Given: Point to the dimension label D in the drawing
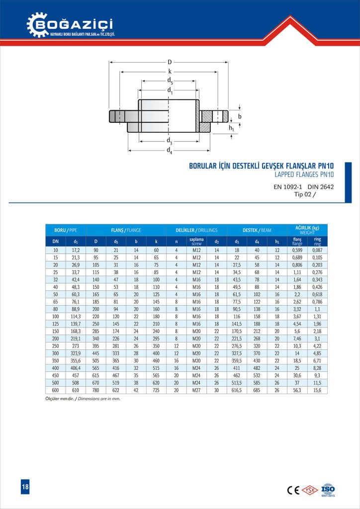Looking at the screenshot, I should (170, 62).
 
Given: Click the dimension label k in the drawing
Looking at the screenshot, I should (170, 72).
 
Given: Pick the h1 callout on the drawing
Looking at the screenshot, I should (232, 128).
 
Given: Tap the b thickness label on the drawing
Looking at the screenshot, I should (240, 116).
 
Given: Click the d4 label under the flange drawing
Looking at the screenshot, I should (170, 151).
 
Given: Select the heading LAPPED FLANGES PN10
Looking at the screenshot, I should (304, 174).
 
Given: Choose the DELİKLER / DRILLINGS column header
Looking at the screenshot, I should (197, 230).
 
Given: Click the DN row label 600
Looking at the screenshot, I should (55, 390).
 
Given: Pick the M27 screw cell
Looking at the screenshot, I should (196, 390).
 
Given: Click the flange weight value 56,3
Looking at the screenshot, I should (297, 390).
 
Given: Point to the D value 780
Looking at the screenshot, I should (96, 390).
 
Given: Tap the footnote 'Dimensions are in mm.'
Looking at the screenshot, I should (98, 399).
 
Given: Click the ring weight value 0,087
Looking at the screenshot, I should (317, 250).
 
